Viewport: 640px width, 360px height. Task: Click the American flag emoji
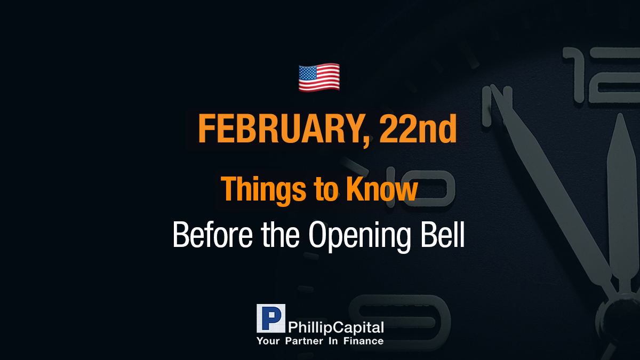[x=319, y=77]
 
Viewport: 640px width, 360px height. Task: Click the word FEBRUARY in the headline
[x=283, y=129]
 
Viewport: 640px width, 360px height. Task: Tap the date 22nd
[x=418, y=129]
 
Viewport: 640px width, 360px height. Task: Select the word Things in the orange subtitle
[x=263, y=190]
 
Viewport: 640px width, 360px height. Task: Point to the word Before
[x=213, y=234]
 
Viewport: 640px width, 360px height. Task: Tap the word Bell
[x=443, y=234]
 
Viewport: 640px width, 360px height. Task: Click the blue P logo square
[x=271, y=318]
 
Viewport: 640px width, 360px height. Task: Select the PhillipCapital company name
[x=335, y=327]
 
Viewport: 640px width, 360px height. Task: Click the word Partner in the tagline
[x=304, y=341]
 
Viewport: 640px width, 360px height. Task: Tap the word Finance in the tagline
[x=363, y=341]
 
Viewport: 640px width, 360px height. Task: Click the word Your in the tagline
[x=268, y=341]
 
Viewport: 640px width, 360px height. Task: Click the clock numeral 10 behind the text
[x=420, y=187]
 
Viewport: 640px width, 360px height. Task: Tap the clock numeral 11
[x=497, y=106]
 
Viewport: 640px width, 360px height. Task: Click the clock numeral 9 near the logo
[x=399, y=322]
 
